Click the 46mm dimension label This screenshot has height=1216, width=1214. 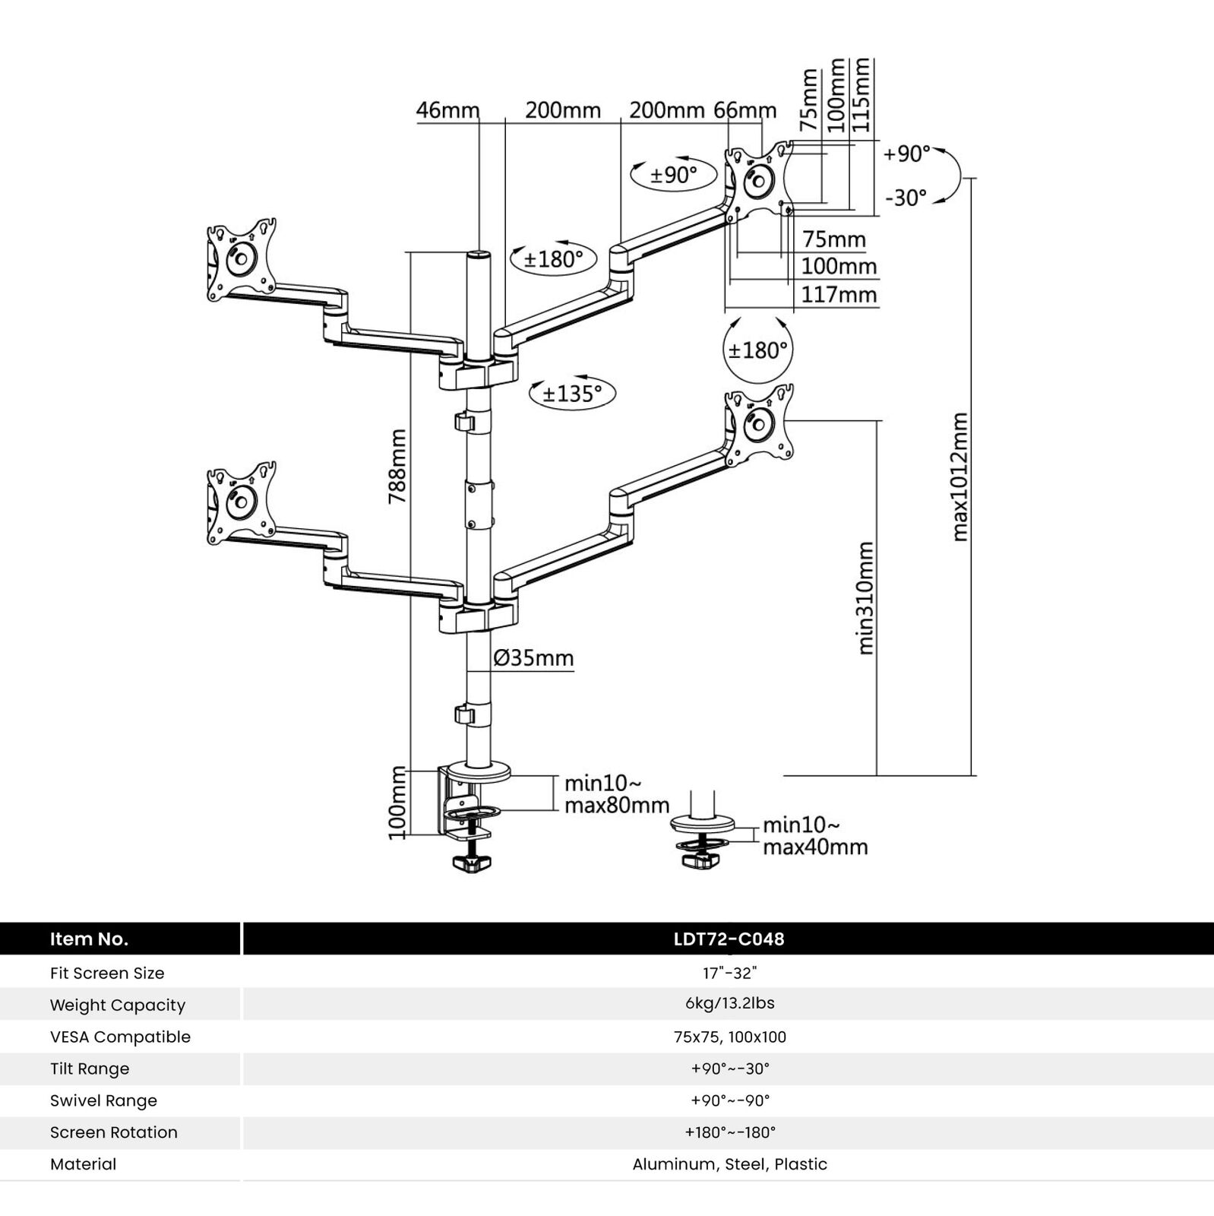click(447, 110)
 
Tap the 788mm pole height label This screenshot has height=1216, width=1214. click(397, 466)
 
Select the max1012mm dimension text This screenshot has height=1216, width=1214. click(960, 477)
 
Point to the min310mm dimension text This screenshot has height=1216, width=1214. click(865, 598)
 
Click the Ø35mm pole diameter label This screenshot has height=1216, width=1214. click(533, 657)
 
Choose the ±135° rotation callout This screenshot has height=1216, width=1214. click(572, 393)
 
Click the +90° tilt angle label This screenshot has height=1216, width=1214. click(906, 154)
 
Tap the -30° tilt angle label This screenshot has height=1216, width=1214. click(906, 198)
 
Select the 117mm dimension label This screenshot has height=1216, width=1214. click(839, 294)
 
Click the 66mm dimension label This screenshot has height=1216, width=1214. click(745, 110)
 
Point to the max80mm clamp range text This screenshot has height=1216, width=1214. click(616, 805)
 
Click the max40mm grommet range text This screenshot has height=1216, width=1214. click(815, 847)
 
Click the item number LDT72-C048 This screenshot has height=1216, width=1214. click(729, 939)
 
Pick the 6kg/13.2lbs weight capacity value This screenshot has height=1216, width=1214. click(729, 1003)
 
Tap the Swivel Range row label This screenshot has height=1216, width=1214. click(103, 1100)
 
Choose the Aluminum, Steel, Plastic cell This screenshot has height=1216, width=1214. click(729, 1164)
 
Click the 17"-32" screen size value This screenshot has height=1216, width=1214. click(729, 973)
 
